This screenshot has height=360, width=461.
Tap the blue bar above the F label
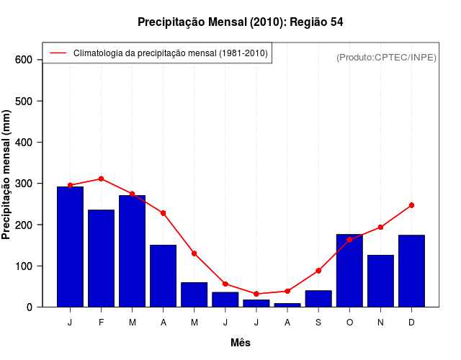click(101, 258)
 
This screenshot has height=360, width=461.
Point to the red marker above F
click(101, 179)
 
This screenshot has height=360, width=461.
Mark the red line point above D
click(411, 205)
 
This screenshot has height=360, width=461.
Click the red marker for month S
click(318, 271)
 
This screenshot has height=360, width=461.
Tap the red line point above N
click(380, 228)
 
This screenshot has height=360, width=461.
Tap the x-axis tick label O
click(349, 323)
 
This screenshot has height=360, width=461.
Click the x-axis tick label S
click(318, 323)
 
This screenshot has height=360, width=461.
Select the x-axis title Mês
click(241, 343)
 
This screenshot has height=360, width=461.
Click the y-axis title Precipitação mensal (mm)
click(7, 174)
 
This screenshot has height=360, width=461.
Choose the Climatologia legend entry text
click(170, 53)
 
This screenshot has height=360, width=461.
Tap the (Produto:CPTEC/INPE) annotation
click(386, 57)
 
